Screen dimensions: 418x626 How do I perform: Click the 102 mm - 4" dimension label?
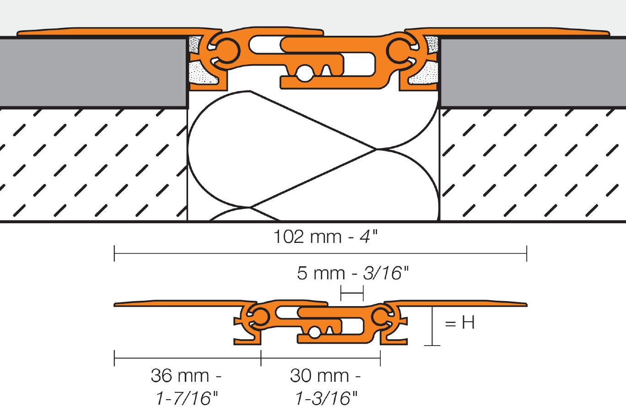pos(326,237)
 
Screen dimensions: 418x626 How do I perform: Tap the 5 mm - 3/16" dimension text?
pos(352,273)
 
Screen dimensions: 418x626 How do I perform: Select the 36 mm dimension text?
pos(186,376)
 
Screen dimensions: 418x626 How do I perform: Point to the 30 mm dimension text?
pos(325,376)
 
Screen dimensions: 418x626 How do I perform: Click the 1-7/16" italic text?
pos(186,399)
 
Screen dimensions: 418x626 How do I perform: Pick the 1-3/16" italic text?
pos(325,399)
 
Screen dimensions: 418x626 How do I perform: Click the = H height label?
pos(459,323)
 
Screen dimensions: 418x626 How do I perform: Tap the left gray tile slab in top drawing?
pos(92,72)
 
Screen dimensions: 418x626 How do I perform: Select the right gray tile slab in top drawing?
pos(531,72)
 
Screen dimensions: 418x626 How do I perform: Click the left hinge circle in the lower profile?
pos(259,316)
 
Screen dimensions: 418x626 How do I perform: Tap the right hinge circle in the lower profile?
pos(380,316)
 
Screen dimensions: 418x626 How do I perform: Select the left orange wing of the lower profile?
pos(178,304)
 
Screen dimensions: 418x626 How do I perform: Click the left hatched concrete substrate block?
pos(92,165)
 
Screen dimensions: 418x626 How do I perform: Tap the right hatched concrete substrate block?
pos(531,165)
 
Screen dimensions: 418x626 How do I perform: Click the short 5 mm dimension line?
pos(352,292)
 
